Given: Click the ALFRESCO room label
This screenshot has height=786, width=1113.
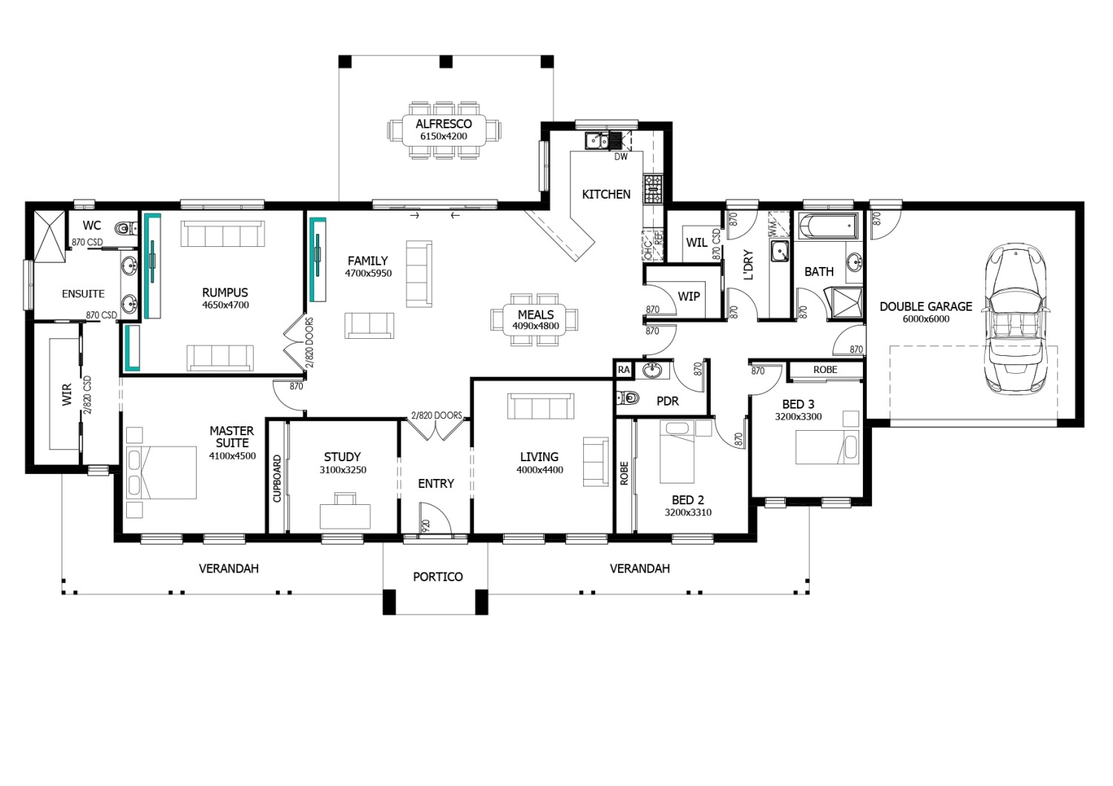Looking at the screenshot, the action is [444, 124].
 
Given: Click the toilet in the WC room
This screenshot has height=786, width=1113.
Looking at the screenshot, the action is [126, 228].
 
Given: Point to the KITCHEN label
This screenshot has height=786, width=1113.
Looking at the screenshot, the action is [606, 194].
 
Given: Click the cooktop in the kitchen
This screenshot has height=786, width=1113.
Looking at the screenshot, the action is [653, 189].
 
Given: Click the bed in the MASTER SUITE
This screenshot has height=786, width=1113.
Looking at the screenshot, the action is [162, 472].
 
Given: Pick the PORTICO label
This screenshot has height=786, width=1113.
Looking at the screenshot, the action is [438, 576].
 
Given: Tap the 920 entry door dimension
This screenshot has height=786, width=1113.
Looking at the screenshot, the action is [425, 526].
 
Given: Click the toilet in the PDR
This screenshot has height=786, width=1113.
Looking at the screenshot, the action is [627, 397].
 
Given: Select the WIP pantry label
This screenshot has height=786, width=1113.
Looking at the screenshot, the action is [689, 297].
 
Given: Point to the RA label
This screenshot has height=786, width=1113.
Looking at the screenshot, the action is [623, 370].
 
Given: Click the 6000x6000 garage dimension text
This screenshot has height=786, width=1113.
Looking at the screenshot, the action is [926, 320].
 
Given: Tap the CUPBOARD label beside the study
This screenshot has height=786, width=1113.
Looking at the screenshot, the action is [278, 478].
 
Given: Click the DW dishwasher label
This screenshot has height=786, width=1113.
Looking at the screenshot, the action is [621, 157].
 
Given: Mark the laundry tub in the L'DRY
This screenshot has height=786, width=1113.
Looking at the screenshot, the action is [780, 251].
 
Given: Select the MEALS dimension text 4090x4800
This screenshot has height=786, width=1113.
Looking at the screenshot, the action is [536, 326].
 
